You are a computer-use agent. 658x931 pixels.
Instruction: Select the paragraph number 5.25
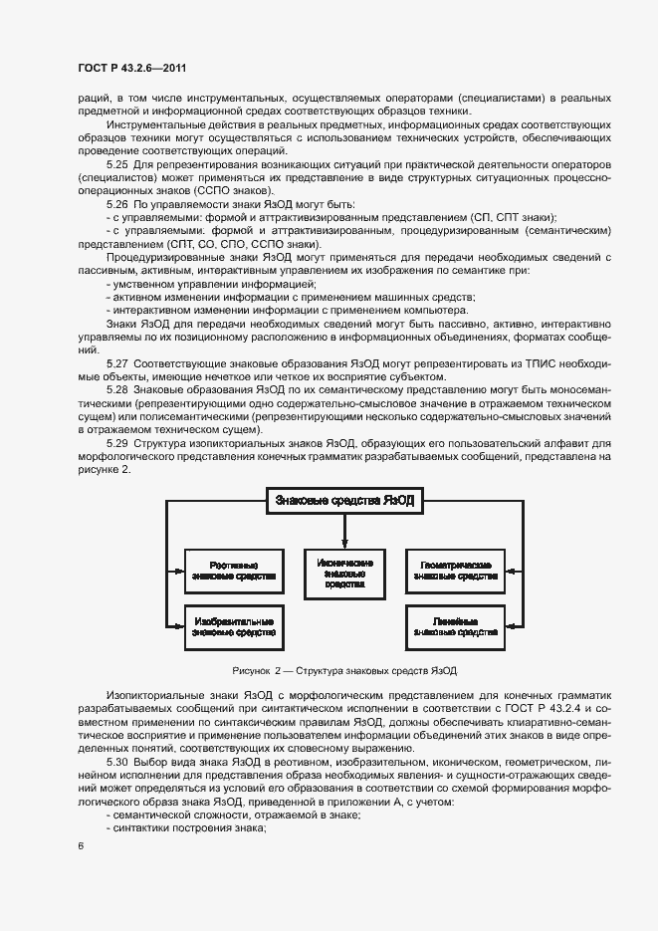tap(117, 162)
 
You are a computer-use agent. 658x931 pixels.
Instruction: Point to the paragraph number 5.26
tap(117, 203)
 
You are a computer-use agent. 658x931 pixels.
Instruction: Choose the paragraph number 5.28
tap(117, 391)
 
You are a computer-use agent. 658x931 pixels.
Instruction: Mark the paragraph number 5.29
tap(117, 442)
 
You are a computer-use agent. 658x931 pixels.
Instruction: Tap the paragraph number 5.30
tap(117, 761)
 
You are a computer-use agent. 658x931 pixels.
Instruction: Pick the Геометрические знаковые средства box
tap(454, 570)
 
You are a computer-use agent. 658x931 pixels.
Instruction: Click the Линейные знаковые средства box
tap(454, 626)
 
